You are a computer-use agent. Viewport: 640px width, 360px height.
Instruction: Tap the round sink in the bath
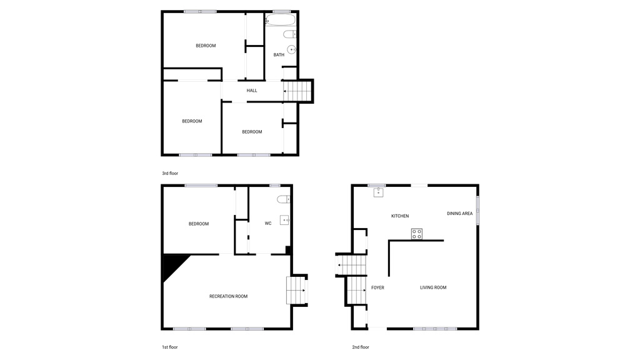[291, 50]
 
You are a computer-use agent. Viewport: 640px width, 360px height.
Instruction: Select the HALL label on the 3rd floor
[252, 91]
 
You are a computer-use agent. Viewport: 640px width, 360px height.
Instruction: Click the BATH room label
[279, 55]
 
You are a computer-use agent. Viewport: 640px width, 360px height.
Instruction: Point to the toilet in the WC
[283, 199]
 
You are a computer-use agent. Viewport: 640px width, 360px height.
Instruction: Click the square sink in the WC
[285, 219]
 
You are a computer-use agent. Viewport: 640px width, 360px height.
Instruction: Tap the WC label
[268, 223]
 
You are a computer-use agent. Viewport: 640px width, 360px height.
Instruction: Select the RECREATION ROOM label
[228, 296]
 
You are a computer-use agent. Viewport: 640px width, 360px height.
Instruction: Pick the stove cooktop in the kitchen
[417, 234]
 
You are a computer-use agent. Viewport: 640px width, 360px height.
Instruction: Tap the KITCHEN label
[400, 216]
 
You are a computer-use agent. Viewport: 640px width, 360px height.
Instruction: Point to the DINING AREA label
[459, 214]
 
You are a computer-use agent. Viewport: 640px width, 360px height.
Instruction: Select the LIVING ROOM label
[432, 287]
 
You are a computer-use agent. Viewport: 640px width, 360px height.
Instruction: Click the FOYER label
[377, 287]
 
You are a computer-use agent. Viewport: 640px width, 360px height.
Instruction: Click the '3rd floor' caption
[170, 173]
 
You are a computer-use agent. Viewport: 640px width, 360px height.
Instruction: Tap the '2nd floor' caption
[360, 347]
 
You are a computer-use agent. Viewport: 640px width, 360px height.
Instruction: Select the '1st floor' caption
[170, 347]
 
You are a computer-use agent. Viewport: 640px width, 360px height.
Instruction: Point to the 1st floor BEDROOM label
[199, 224]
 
